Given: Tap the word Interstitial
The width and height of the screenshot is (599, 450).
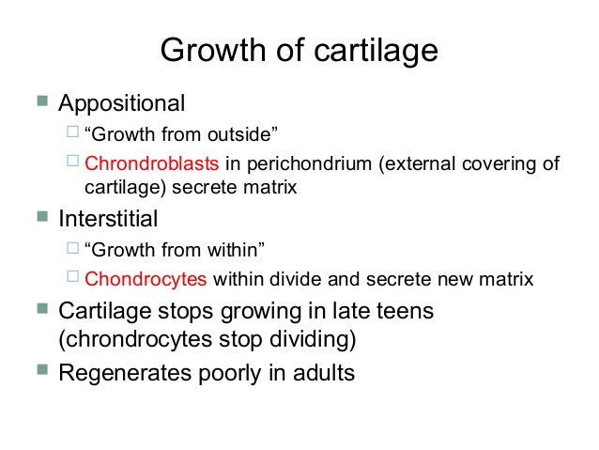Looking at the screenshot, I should tap(108, 218).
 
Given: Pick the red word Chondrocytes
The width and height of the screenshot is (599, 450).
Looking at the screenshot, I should tap(146, 279).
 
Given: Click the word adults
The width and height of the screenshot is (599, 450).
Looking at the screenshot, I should tap(322, 372).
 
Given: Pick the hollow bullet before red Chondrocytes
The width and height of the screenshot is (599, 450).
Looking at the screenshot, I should tap(75, 278).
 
